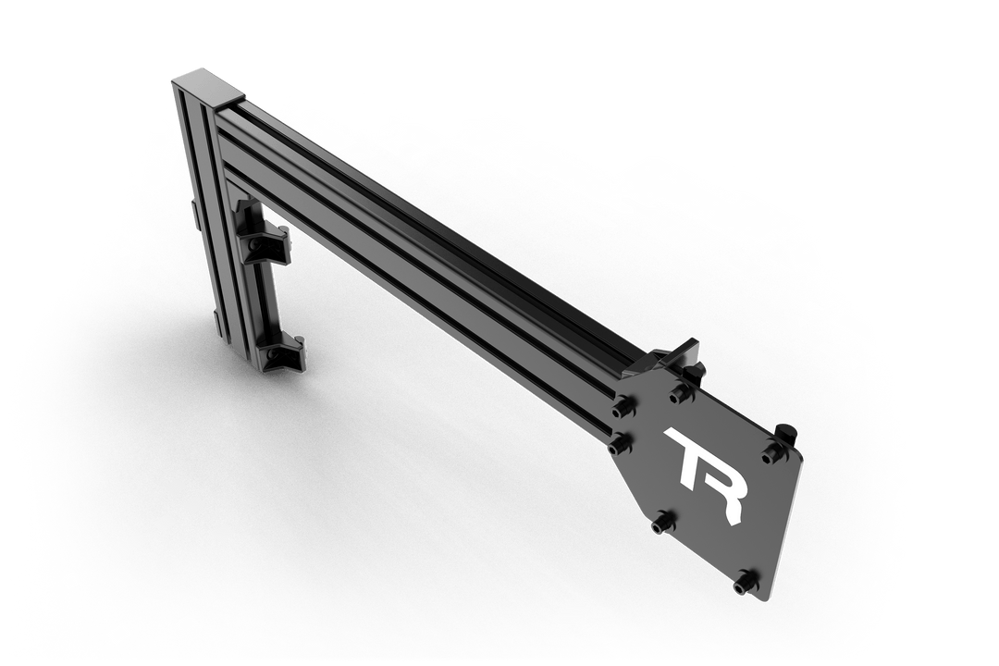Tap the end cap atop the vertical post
click(207, 86)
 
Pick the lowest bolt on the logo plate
click(743, 584)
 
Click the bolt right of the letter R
click(771, 451)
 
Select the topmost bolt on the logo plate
click(683, 393)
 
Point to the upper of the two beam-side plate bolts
click(622, 408)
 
